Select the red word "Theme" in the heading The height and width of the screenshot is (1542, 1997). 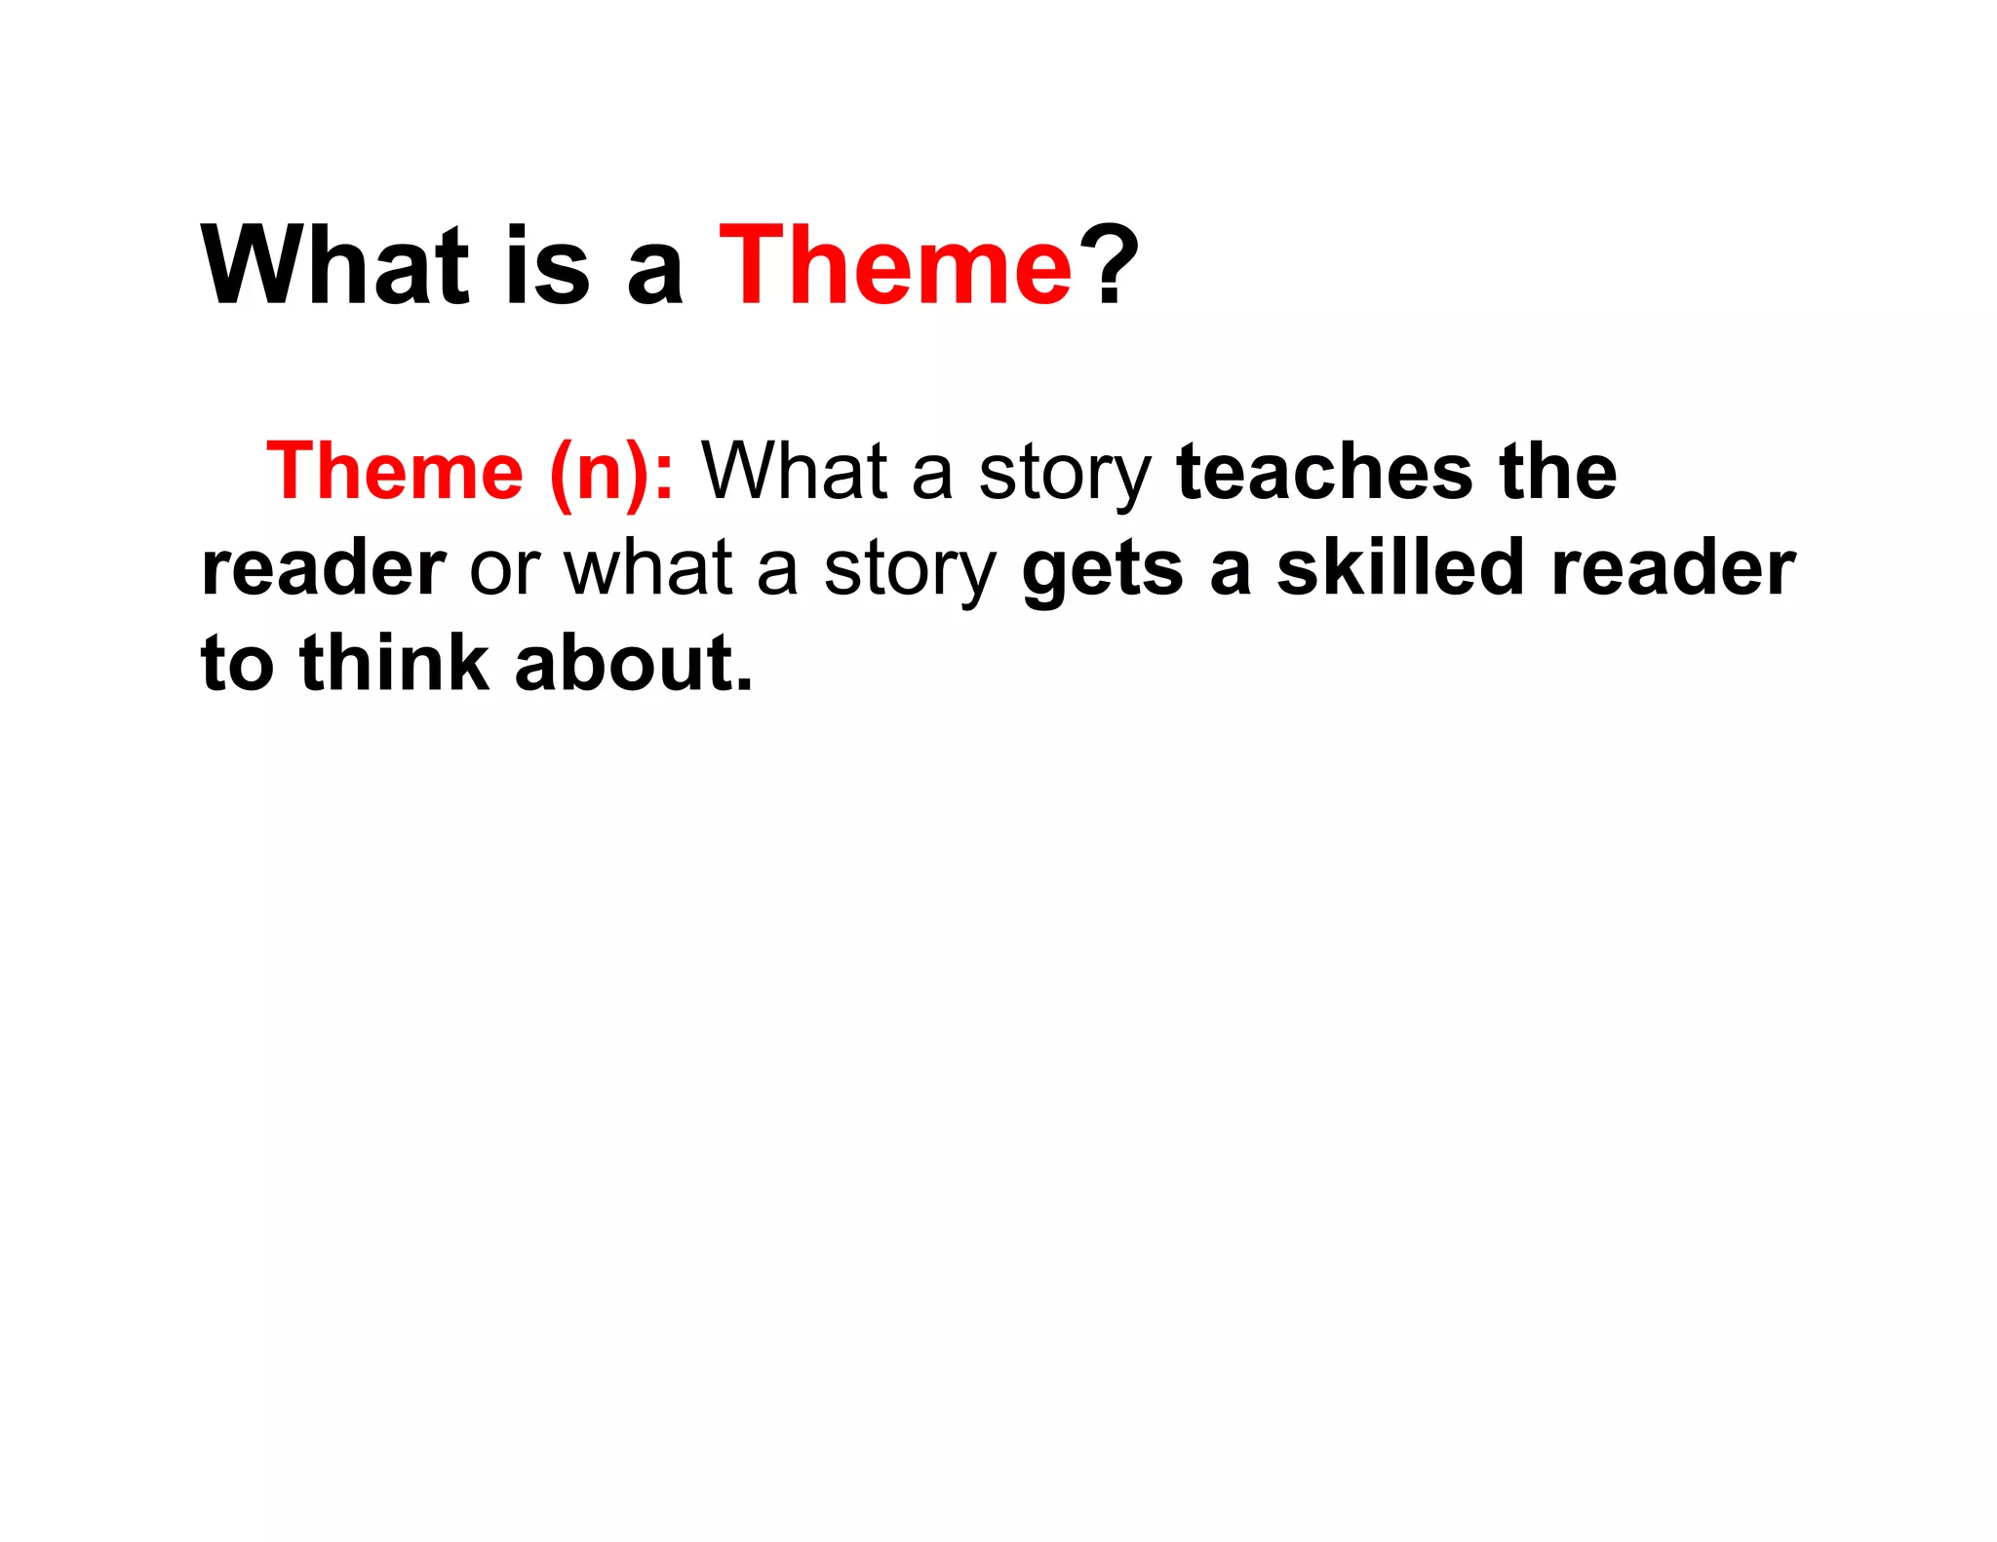(895, 265)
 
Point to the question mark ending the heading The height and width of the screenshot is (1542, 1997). (1115, 265)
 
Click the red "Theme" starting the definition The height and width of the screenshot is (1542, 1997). (395, 472)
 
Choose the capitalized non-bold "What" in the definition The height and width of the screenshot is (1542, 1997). (794, 472)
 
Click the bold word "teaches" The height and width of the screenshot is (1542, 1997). (1324, 472)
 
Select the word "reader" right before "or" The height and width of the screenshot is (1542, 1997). (324, 569)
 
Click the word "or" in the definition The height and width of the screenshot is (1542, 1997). (504, 569)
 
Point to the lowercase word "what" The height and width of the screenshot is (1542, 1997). (647, 569)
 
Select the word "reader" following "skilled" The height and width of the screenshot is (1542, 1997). (1672, 569)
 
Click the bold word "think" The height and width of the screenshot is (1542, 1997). (395, 663)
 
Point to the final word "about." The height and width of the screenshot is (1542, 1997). (634, 663)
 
